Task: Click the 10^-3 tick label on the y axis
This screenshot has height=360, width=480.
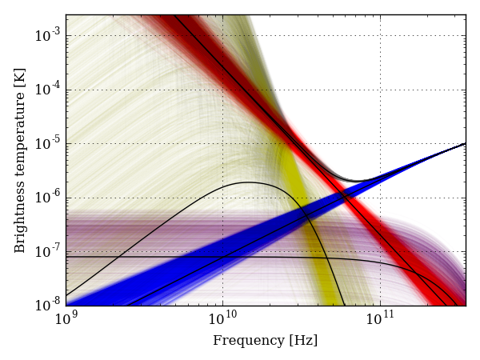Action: tap(50, 35)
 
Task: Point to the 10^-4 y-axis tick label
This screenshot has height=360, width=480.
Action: tap(50, 90)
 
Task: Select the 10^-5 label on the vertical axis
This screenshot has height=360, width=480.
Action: tap(50, 144)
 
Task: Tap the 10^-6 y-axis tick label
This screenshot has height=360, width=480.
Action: tap(50, 198)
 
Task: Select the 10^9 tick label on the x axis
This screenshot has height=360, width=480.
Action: tap(66, 321)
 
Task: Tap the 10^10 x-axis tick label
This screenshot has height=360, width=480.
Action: tap(222, 321)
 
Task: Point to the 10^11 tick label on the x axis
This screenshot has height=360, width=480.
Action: tap(380, 321)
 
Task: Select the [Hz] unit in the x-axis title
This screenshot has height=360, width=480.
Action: tap(304, 341)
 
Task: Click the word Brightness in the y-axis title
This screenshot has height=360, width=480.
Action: tap(21, 220)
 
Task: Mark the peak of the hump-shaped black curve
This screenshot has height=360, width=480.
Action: tap(248, 182)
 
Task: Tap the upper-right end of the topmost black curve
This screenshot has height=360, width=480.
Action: tap(465, 144)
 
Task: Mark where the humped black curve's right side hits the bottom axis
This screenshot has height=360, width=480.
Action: tap(344, 305)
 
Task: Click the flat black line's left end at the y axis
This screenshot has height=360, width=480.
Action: tap(66, 257)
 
